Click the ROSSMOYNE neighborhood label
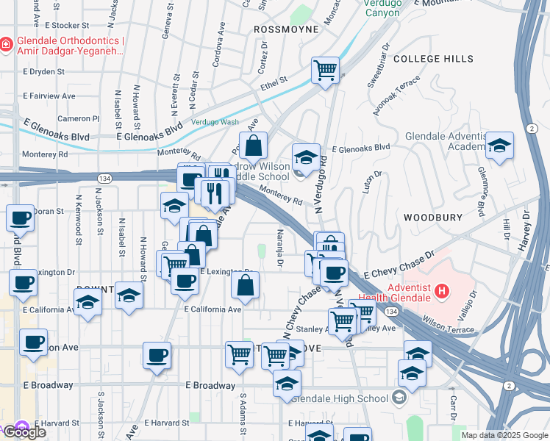coord(286,29)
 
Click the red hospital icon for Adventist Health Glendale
coord(442,292)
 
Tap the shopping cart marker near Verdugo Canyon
coord(325,71)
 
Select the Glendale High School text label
coord(339,398)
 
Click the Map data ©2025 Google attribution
coord(504,435)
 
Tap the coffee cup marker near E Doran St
coord(21,218)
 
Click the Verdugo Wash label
coord(215,122)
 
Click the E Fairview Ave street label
coord(49,96)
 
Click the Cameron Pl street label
coord(79,118)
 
